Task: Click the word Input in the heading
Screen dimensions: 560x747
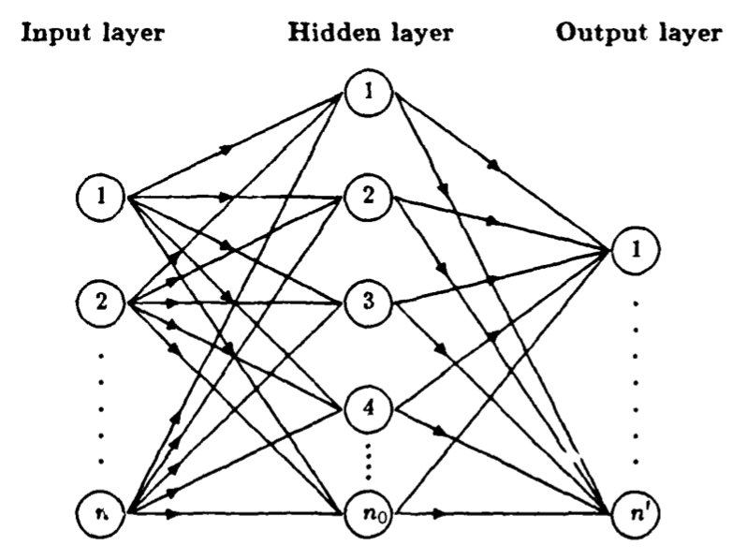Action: click(59, 34)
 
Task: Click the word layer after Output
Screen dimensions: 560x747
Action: click(688, 34)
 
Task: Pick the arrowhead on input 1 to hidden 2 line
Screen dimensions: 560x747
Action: click(227, 198)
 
